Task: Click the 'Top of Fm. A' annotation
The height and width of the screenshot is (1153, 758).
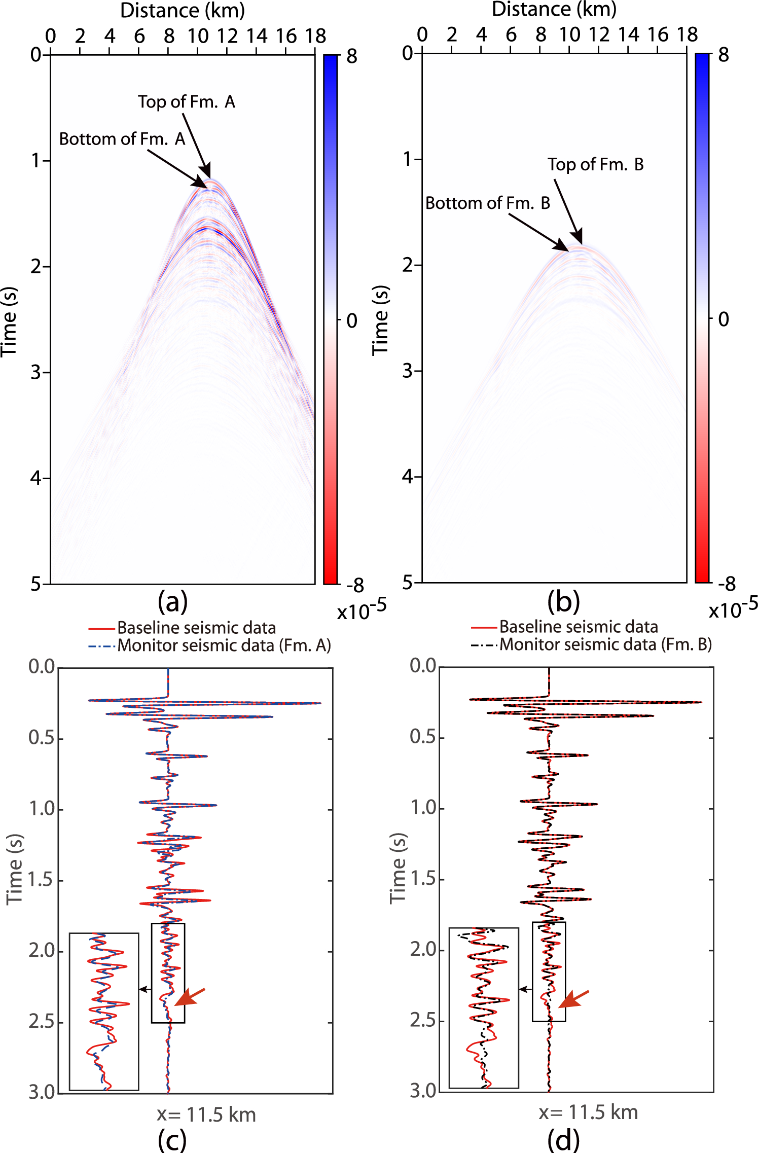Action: point(186,102)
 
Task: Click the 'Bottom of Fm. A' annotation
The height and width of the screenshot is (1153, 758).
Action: point(122,139)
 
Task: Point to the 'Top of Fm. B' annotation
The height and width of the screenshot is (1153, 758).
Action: point(595,165)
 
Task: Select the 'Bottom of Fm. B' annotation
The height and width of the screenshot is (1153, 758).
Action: point(488,203)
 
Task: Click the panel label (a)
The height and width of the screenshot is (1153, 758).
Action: point(172,602)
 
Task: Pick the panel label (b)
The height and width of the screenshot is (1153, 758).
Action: point(563,602)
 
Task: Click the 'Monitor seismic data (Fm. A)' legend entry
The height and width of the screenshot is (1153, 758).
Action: point(224,645)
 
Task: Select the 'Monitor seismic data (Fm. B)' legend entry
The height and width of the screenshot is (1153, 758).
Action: point(605,644)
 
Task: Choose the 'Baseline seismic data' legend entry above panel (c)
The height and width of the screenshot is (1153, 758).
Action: point(196,628)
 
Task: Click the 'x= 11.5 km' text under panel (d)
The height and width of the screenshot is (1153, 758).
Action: point(588,1112)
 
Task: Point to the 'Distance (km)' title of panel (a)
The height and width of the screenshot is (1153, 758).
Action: point(183,10)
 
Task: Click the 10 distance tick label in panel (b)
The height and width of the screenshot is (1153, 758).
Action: point(569,34)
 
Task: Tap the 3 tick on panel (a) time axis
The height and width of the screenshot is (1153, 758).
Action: point(35,372)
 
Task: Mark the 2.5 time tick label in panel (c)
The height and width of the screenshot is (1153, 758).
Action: point(41,1022)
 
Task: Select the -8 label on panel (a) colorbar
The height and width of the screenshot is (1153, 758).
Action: point(355,586)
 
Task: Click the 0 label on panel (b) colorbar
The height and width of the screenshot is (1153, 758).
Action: point(724,319)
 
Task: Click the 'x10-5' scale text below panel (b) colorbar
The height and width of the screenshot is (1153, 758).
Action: point(733,608)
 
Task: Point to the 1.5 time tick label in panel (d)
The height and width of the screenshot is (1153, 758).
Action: point(423,879)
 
